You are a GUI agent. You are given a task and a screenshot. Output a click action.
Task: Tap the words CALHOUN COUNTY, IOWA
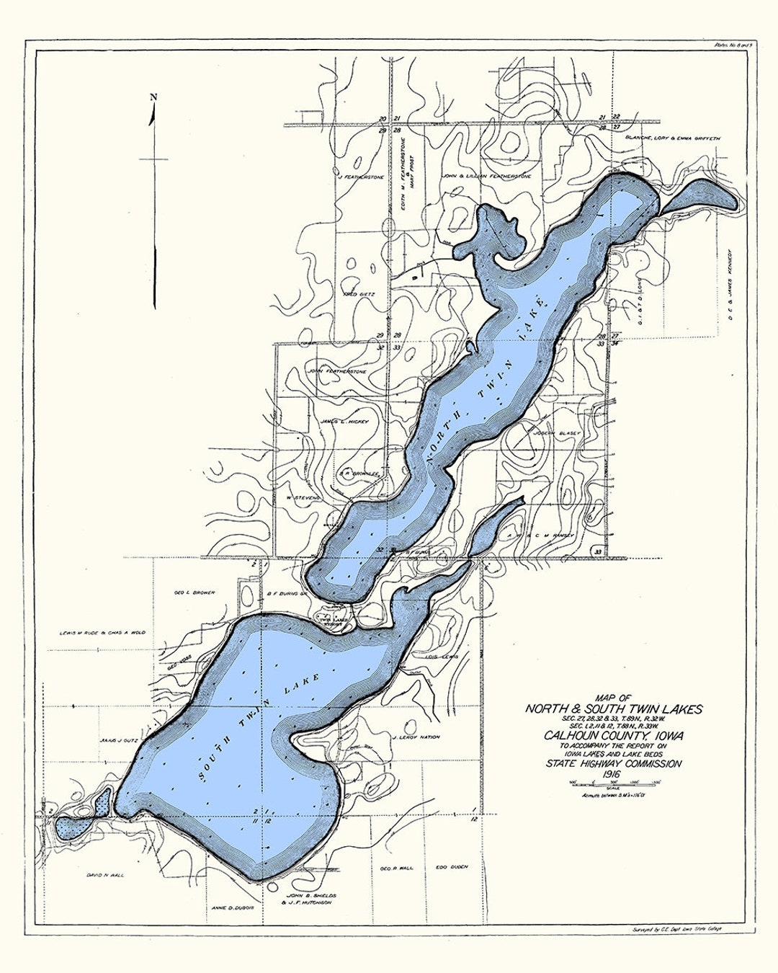[x=614, y=734]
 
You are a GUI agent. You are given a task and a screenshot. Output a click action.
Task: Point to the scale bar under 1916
[x=614, y=785]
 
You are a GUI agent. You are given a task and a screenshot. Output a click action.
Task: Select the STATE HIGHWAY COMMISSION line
[x=614, y=763]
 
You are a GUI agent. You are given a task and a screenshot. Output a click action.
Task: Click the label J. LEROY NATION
[x=416, y=737]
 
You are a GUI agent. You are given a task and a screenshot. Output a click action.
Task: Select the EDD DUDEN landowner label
[x=452, y=868]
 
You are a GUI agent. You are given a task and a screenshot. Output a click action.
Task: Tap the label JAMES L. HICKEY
[x=345, y=422]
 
